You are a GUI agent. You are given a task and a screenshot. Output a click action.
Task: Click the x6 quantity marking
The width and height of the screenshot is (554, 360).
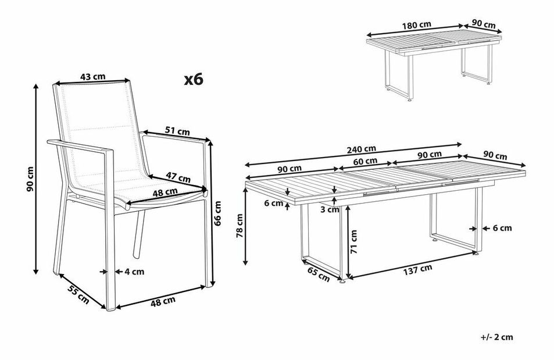pos(194,80)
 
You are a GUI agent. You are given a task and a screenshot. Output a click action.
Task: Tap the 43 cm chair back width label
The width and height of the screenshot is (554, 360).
pos(92,76)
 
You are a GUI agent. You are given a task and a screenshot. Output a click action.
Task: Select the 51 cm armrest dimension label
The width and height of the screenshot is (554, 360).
pos(177,131)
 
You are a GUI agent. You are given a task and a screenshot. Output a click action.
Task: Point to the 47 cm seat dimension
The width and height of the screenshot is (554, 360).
pos(178,177)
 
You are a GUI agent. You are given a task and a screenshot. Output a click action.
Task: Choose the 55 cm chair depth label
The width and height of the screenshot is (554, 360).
pos(78,295)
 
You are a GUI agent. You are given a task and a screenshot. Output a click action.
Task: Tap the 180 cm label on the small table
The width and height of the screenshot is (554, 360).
pos(417,25)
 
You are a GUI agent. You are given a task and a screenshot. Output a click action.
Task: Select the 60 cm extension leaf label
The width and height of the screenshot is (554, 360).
pos(365,161)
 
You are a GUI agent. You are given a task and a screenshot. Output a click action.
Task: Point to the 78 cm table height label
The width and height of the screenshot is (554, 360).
pos(240,225)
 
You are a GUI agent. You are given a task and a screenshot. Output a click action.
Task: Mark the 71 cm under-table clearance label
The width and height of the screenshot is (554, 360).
pos(353,241)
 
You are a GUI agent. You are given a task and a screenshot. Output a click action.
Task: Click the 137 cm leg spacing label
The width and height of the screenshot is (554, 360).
pos(417,269)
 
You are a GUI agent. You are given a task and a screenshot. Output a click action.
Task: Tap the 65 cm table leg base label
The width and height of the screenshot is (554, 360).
pos(319,275)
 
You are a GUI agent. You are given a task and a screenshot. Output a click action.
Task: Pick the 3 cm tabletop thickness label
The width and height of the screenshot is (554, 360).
pos(329,210)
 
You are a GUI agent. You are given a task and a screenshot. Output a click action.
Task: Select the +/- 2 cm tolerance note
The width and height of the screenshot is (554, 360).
pos(497,337)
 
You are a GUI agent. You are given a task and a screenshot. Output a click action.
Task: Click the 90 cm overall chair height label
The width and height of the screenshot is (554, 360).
pos(31,179)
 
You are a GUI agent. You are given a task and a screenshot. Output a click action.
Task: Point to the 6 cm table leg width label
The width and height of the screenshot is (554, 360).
pos(502,228)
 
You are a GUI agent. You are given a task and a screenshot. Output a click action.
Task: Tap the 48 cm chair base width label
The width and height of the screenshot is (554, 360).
pos(163,301)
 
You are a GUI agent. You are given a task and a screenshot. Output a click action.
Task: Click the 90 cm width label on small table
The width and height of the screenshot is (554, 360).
pos(484,25)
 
